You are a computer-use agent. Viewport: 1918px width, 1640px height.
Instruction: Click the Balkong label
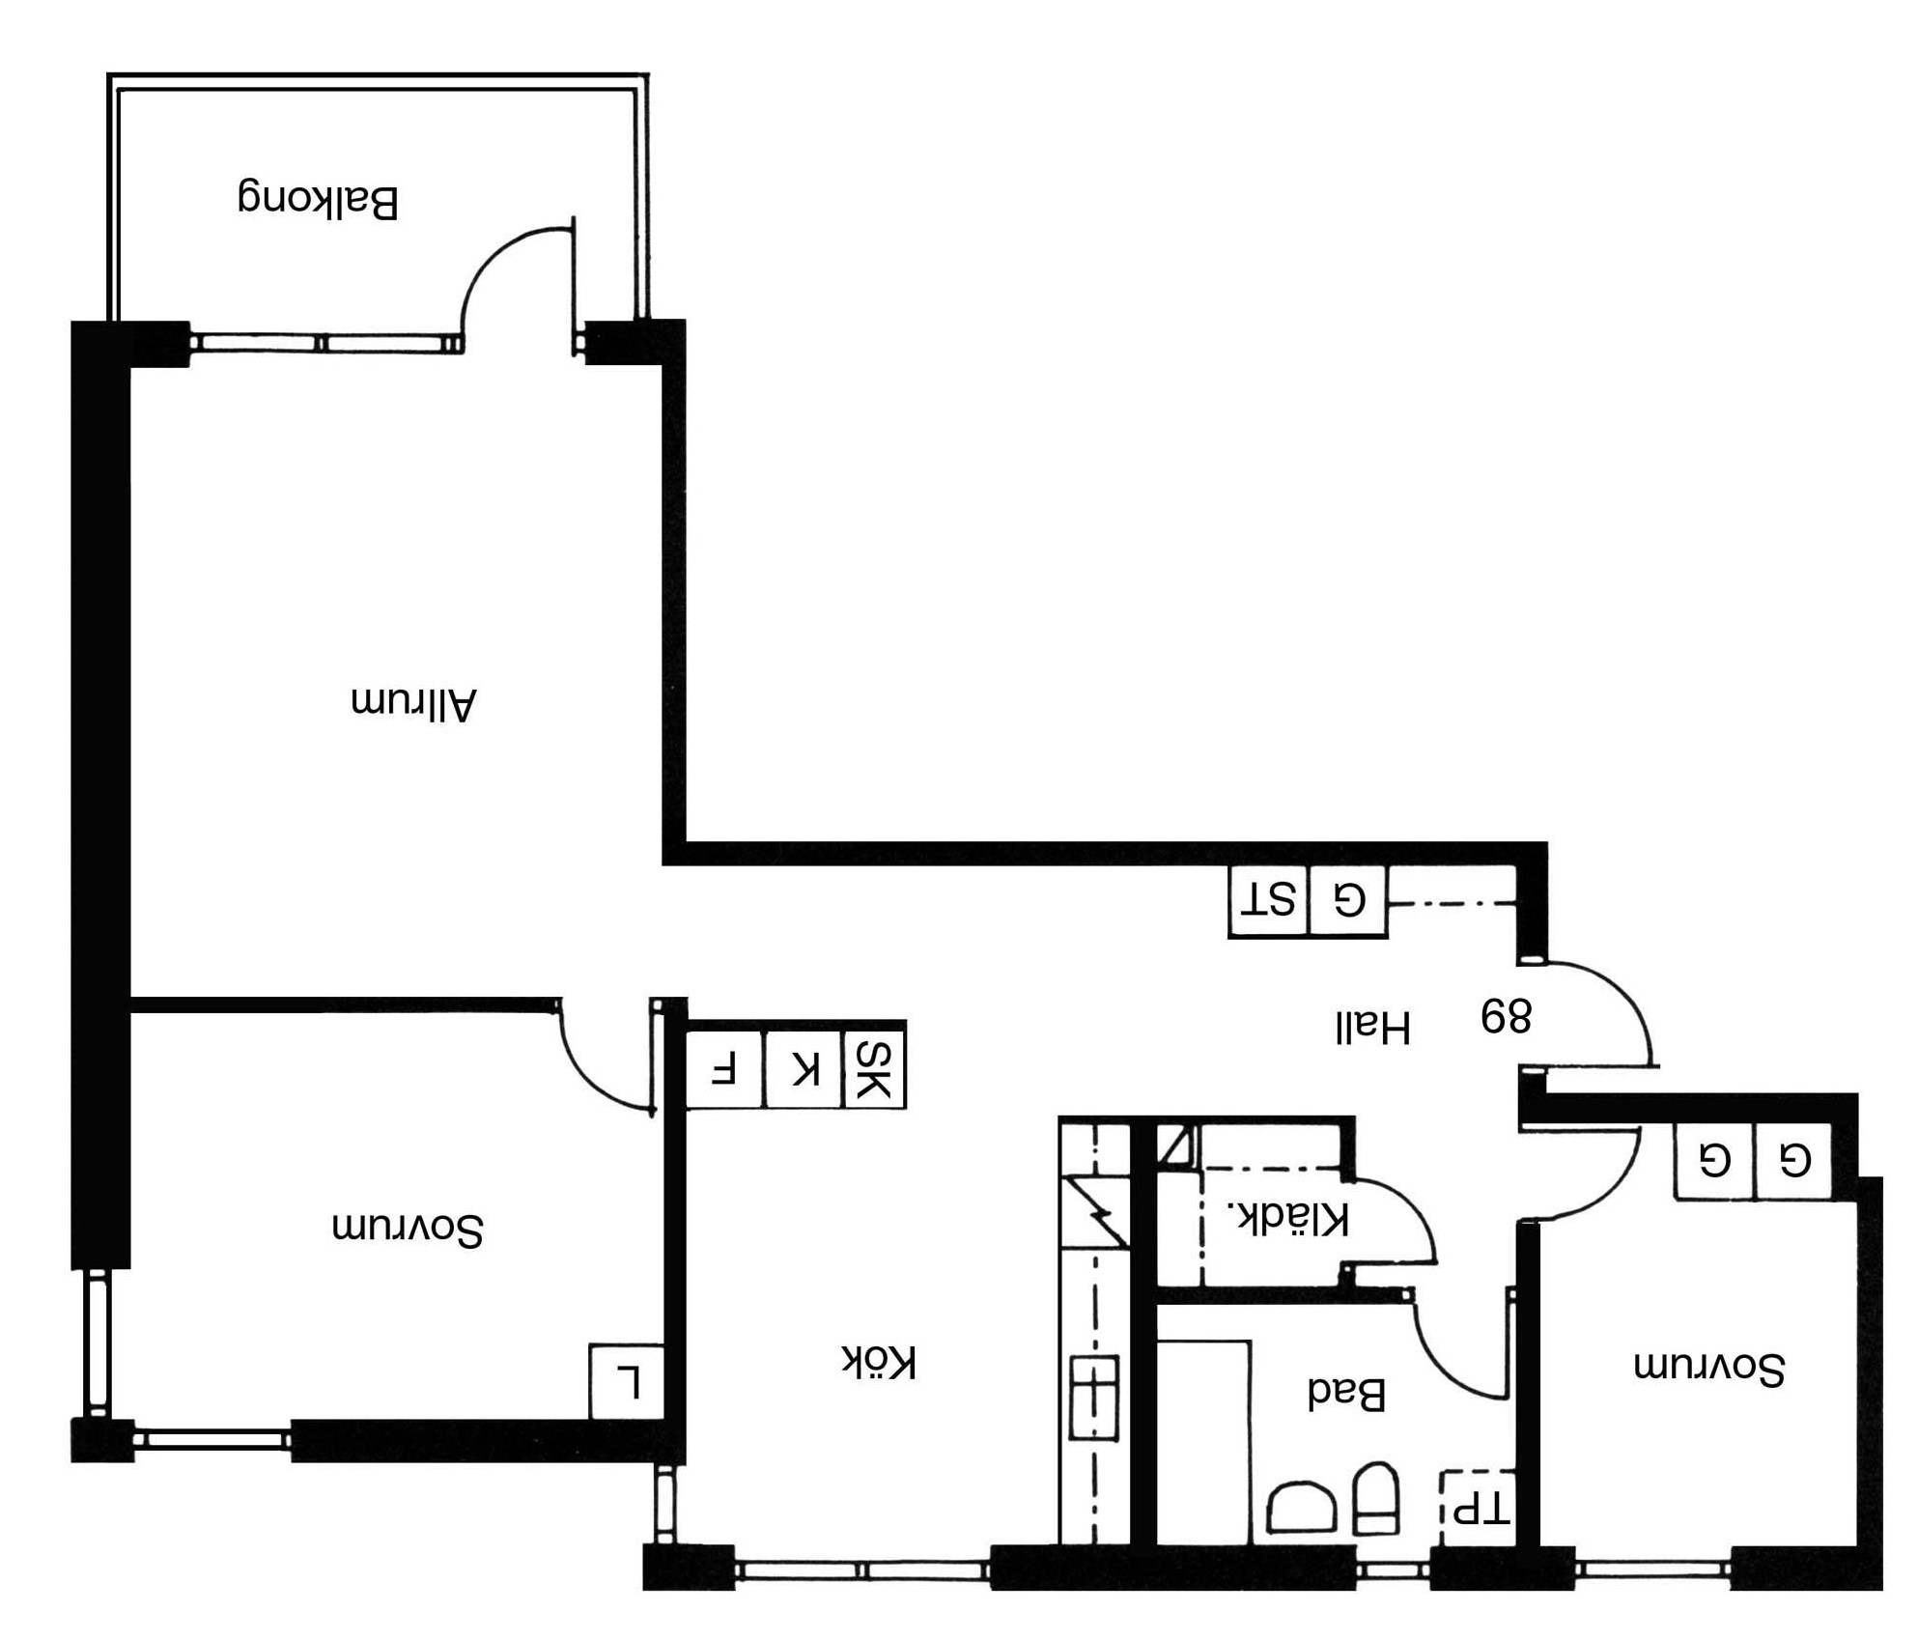click(x=318, y=199)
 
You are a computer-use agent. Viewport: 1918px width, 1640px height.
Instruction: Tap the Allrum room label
click(x=413, y=702)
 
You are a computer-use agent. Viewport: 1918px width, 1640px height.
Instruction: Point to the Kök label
click(x=878, y=1362)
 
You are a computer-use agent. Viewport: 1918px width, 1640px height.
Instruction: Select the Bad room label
click(x=1346, y=1392)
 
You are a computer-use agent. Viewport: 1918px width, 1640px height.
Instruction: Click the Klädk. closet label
click(x=1286, y=1218)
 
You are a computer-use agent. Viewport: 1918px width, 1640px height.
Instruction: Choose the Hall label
click(x=1372, y=1027)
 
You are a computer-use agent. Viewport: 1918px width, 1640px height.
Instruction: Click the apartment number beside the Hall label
click(x=1506, y=1016)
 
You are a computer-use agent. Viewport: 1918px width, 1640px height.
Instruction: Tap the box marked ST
click(x=1268, y=901)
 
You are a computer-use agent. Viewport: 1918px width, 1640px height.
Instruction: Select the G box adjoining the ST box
click(x=1348, y=901)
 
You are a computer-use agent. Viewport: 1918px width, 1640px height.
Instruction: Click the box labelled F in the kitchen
click(x=724, y=1069)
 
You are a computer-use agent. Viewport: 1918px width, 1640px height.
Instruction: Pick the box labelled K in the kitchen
click(x=804, y=1069)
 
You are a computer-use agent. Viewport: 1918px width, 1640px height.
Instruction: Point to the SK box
click(x=874, y=1069)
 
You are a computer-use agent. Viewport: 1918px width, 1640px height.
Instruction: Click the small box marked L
click(x=626, y=1381)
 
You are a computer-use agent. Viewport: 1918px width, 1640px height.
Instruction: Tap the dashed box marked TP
click(x=1478, y=1508)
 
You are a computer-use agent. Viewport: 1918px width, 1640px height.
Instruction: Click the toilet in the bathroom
click(x=1376, y=1498)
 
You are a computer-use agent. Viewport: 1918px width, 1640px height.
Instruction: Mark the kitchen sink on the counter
click(x=1094, y=1397)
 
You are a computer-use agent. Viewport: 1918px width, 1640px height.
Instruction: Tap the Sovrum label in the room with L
click(x=408, y=1228)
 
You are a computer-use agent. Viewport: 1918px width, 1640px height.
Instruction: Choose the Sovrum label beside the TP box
click(x=1709, y=1367)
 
